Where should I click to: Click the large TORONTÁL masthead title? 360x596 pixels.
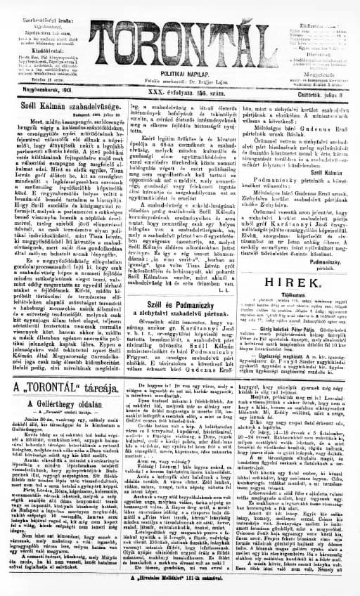[179, 35]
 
